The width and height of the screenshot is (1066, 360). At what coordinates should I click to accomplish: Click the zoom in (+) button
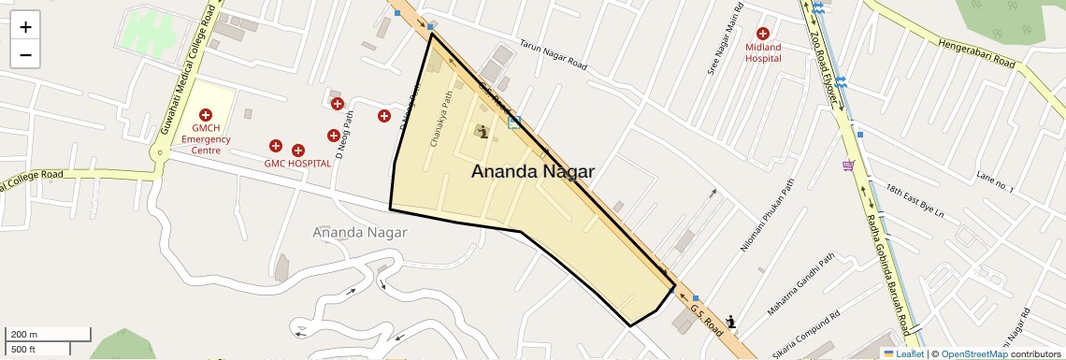coord(25,28)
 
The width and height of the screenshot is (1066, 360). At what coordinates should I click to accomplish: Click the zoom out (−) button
coord(25,54)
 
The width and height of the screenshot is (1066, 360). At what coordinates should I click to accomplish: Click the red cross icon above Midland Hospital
coord(763,34)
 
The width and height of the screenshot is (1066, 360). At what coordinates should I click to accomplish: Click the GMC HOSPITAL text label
coord(297,164)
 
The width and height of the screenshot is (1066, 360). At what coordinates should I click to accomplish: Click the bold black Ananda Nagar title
coord(532,171)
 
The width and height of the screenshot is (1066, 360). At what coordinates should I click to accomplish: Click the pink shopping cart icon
coord(848,166)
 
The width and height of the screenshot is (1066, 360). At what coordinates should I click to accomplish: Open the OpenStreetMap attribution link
coord(974,353)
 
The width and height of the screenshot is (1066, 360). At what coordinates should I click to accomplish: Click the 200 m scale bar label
coord(24,335)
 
